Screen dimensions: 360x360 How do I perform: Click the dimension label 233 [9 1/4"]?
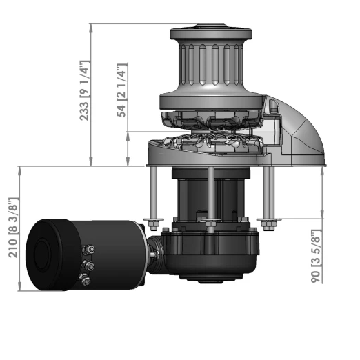pyautogui.click(x=84, y=90)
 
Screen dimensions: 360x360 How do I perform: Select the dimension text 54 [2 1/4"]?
pyautogui.click(x=122, y=90)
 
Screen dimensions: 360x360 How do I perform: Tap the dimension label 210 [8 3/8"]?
pyautogui.click(x=12, y=228)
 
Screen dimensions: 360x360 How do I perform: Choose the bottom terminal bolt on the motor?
pyautogui.click(x=86, y=279)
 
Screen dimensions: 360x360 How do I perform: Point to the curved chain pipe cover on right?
pyautogui.click(x=300, y=134)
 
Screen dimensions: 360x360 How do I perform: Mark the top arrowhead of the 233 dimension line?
pyautogui.click(x=91, y=27)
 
